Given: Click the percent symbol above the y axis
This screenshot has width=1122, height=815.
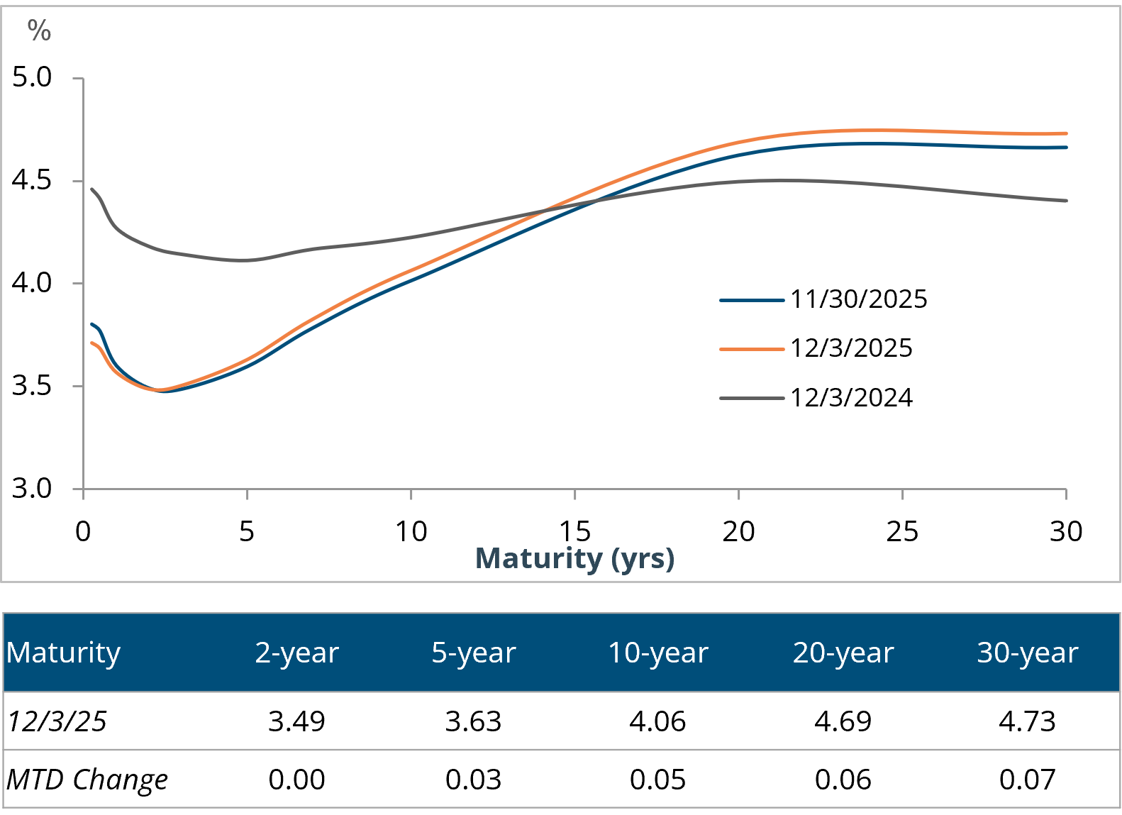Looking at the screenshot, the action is pyautogui.click(x=39, y=31).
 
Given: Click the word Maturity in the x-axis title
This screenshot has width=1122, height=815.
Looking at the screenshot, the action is pyautogui.click(x=538, y=558).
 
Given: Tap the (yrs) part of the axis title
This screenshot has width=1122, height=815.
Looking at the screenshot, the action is pyautogui.click(x=643, y=559).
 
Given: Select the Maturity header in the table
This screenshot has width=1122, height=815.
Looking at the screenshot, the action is pyautogui.click(x=64, y=653).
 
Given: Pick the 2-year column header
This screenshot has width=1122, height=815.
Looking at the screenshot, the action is pyautogui.click(x=296, y=653).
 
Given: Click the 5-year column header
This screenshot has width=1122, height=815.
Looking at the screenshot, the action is pyautogui.click(x=473, y=653).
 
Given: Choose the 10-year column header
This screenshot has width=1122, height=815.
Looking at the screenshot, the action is pyautogui.click(x=658, y=653).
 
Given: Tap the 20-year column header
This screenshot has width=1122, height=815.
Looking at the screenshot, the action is pyautogui.click(x=843, y=653).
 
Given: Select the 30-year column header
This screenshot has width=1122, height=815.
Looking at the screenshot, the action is pyautogui.click(x=1028, y=653).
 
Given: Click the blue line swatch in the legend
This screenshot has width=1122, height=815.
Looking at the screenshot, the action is pyautogui.click(x=752, y=301).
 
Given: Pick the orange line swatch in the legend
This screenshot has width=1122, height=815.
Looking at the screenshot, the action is pyautogui.click(x=752, y=350).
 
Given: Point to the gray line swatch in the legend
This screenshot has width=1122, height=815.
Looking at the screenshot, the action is pyautogui.click(x=752, y=399).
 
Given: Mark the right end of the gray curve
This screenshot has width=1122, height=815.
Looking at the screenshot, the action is pyautogui.click(x=1066, y=201).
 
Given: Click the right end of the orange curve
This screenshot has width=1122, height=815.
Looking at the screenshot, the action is pyautogui.click(x=1066, y=133).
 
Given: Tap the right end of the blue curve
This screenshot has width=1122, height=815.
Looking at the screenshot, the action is pyautogui.click(x=1066, y=148).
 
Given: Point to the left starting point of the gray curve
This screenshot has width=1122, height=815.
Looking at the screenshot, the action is pyautogui.click(x=91, y=189).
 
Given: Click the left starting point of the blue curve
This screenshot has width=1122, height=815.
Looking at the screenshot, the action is pyautogui.click(x=91, y=324).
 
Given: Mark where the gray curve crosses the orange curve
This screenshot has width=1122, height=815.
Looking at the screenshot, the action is pyautogui.click(x=550, y=209).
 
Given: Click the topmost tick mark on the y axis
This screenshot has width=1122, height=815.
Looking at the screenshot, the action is pyautogui.click(x=78, y=78).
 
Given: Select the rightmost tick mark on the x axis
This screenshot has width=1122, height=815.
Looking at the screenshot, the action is pyautogui.click(x=1066, y=494).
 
